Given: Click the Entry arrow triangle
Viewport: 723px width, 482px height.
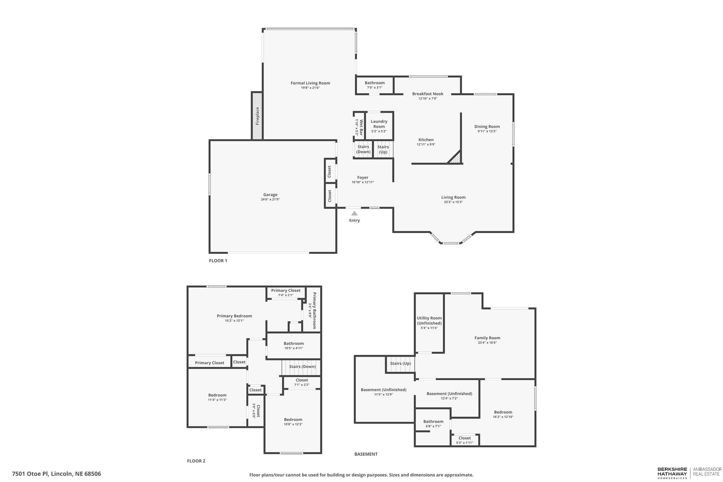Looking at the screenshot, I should [355, 213].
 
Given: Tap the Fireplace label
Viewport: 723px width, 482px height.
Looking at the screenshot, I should [257, 116].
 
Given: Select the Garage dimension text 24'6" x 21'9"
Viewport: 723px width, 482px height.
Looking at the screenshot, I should [270, 200].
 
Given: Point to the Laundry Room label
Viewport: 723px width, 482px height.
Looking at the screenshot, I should [379, 124].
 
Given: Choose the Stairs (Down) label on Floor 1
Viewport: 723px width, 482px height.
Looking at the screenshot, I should [363, 149].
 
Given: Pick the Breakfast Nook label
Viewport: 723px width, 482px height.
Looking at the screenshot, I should [428, 94].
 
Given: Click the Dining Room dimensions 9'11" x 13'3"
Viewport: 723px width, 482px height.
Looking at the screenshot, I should [487, 131].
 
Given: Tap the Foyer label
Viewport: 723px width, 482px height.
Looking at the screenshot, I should [363, 177].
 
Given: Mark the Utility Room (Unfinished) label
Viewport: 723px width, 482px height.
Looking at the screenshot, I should [429, 321].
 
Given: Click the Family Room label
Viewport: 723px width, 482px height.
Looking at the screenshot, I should [487, 338].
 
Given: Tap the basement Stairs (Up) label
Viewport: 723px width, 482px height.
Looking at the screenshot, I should [400, 363].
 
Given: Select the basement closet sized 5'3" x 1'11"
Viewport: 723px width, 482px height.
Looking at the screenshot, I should [464, 440].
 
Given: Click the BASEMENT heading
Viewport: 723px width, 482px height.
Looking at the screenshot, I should [366, 454].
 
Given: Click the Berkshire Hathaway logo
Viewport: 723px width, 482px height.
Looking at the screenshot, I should [672, 473].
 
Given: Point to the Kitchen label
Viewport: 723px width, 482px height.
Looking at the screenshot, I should [426, 140].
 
